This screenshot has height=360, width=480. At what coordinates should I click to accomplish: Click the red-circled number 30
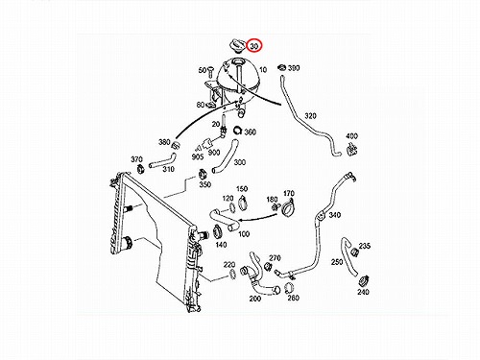254,46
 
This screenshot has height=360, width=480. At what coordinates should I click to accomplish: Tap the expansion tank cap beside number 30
238,45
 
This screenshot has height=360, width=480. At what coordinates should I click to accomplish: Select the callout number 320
310,116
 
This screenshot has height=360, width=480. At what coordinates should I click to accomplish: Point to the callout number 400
351,136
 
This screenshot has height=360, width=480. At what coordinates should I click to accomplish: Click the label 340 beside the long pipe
334,215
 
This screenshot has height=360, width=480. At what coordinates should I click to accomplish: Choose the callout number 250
337,262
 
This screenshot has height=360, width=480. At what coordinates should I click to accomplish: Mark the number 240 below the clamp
363,292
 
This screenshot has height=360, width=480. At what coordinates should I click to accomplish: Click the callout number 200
255,299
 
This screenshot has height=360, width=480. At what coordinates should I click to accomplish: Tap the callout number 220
229,265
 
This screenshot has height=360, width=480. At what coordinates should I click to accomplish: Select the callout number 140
221,245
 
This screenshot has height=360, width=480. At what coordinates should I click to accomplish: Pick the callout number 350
205,184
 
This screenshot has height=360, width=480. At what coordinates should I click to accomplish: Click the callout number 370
136,159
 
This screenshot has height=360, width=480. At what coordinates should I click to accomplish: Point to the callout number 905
198,157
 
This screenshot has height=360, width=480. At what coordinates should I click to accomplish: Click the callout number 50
203,70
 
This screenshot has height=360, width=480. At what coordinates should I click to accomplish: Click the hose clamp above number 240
363,280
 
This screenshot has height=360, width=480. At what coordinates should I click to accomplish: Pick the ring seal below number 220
232,274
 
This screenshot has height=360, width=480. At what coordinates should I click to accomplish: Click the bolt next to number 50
210,71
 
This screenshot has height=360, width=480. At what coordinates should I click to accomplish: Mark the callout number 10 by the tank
263,70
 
